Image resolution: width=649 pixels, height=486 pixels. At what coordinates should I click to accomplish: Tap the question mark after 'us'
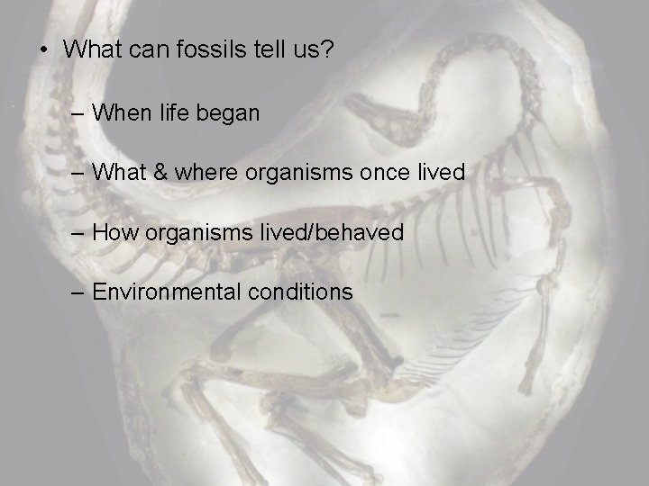coord(325,49)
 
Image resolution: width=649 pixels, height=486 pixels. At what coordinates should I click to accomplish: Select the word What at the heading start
coord(91,49)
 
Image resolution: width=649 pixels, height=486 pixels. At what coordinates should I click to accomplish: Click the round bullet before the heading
coord(42,50)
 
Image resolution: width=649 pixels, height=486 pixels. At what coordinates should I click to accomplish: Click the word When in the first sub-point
coord(122,113)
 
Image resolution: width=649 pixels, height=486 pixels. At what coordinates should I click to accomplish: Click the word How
coord(114,232)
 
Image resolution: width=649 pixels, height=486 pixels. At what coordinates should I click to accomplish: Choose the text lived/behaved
coord(333,232)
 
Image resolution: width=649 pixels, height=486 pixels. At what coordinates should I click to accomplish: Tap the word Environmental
coord(164,292)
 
